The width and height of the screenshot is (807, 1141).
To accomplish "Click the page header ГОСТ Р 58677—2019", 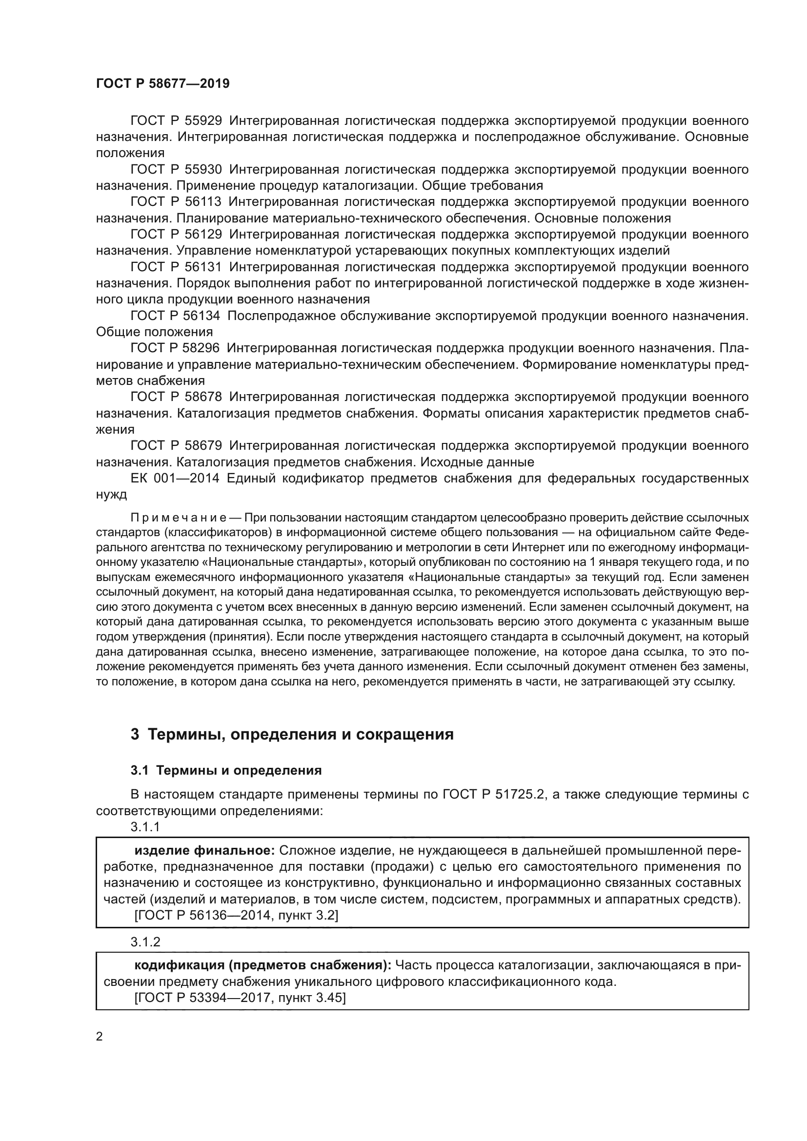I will (162, 83).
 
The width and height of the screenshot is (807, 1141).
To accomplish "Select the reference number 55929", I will (203, 121).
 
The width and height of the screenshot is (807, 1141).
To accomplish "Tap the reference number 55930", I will (203, 169).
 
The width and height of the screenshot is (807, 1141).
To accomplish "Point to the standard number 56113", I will (203, 202).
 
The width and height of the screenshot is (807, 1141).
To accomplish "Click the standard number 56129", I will (203, 234).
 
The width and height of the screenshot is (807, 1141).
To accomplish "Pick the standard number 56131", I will (203, 267).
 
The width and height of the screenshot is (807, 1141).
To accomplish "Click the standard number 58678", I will (203, 397).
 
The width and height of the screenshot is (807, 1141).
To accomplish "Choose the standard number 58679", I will (203, 445).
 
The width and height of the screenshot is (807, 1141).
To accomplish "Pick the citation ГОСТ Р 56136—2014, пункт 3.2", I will (236, 915).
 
